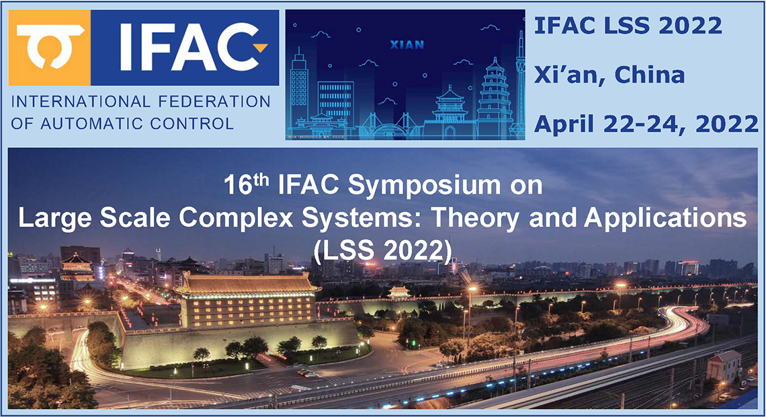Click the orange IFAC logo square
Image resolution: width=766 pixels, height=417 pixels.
tap(50, 47)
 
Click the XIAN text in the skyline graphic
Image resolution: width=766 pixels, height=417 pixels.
tap(407, 45)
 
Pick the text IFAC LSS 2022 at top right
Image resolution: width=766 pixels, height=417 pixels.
tap(628, 26)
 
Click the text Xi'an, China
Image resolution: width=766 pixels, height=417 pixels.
tap(609, 74)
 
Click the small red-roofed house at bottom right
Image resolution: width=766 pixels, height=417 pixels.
tap(723, 365)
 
